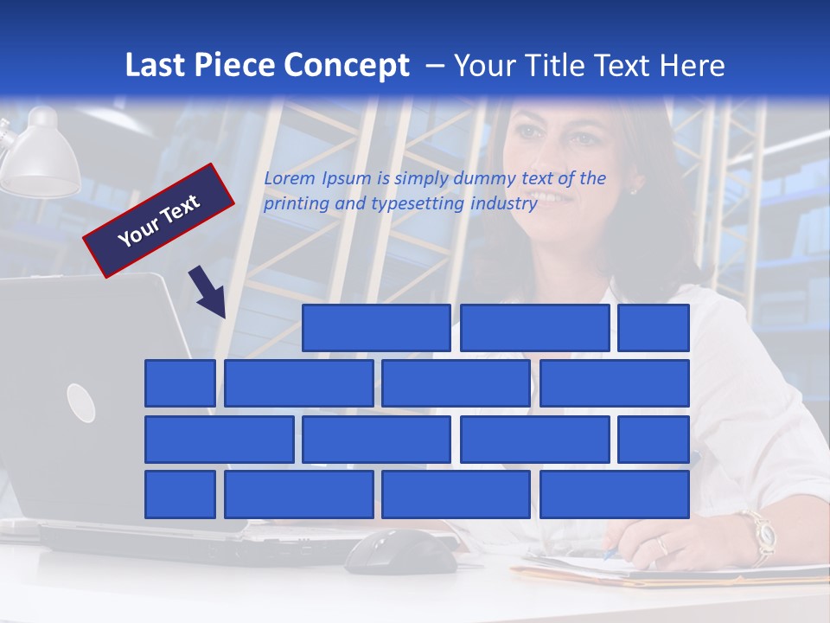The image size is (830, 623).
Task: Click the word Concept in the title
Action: [347, 66]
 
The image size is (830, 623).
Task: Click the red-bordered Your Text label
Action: [159, 221]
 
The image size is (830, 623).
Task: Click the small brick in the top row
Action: [653, 328]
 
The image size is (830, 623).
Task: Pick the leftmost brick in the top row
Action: [376, 328]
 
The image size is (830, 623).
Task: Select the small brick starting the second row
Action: [180, 383]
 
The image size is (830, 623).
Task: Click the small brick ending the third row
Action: [653, 440]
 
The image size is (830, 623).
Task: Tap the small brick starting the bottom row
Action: [180, 495]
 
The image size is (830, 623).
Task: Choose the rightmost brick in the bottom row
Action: [614, 495]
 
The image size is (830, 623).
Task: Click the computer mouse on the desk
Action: [402, 552]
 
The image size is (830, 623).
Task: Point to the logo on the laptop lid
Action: [80, 402]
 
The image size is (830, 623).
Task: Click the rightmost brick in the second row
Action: [614, 383]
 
